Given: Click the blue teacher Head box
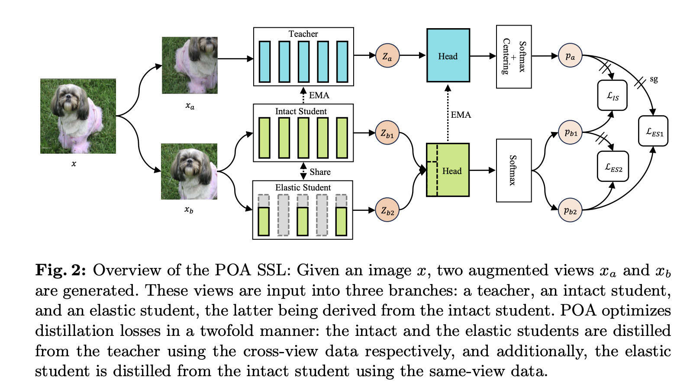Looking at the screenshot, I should coord(448,55).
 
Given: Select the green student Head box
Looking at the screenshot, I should coord(448,170).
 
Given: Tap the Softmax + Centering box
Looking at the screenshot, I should coord(514,57).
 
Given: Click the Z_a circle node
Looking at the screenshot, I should coord(387,56).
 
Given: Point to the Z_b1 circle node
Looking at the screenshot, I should coord(387,132).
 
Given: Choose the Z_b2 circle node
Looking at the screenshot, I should coord(387,210).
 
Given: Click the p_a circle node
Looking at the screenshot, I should coord(570,55).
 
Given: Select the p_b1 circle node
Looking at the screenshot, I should coord(571,132).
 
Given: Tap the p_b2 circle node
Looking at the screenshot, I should coord(570,210).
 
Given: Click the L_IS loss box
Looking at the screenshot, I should coord(612,95).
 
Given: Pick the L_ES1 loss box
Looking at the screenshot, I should coord(653,131).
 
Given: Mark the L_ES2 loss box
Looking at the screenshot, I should coord(613,166).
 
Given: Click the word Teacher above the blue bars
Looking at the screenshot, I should coord(303,34).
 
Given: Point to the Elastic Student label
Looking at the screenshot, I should coord(303,187).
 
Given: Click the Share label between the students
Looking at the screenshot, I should coord(320,172).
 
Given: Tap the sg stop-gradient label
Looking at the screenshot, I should coord(654,79).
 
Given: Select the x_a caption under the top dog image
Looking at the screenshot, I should coord(190,106).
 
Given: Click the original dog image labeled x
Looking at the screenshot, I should coord(78,116).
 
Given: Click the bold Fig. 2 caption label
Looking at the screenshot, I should coord(61,270).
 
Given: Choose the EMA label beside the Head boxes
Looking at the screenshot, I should coord(461,115).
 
